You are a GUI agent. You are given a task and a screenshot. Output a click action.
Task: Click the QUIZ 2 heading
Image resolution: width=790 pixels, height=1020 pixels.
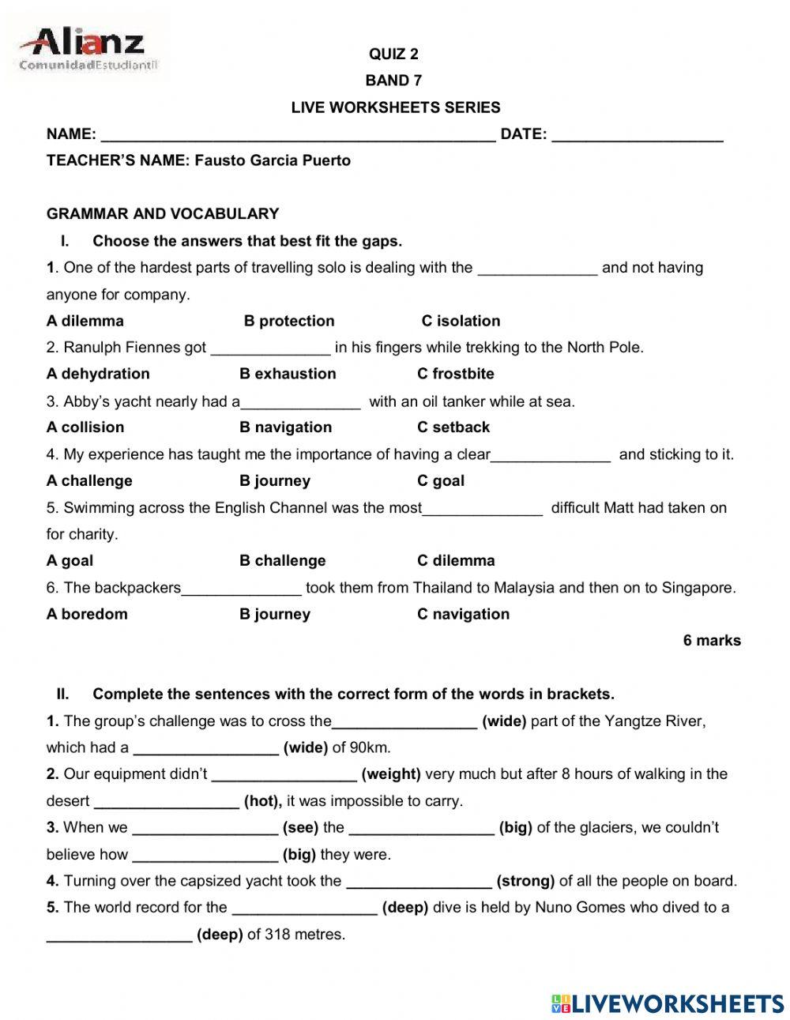(393, 55)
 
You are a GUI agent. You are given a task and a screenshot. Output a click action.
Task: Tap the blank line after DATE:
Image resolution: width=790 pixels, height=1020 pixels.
(637, 136)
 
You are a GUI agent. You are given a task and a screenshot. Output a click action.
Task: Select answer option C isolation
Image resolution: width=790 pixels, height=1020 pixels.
(461, 321)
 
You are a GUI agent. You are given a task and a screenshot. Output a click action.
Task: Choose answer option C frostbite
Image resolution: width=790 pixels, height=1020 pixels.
(456, 374)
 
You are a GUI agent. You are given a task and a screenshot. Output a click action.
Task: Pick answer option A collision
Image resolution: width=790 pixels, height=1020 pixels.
(85, 427)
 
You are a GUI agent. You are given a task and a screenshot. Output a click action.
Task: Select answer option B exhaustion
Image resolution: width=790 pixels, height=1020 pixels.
(288, 374)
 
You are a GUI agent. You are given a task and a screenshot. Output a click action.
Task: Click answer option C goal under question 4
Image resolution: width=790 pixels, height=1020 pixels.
(441, 480)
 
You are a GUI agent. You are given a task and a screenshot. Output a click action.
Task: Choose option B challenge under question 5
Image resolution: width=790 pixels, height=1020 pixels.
(282, 561)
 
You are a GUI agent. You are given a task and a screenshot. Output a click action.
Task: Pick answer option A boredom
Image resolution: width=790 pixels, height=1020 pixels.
(87, 614)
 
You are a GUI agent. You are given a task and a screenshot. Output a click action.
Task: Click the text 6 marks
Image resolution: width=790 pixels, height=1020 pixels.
(712, 641)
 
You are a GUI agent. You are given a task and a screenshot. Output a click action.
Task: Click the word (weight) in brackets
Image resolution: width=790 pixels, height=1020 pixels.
(391, 774)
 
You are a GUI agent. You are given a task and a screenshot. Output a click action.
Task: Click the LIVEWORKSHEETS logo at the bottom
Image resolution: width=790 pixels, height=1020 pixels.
(668, 1003)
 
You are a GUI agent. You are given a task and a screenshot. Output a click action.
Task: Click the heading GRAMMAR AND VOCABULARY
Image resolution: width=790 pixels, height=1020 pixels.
(163, 214)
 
